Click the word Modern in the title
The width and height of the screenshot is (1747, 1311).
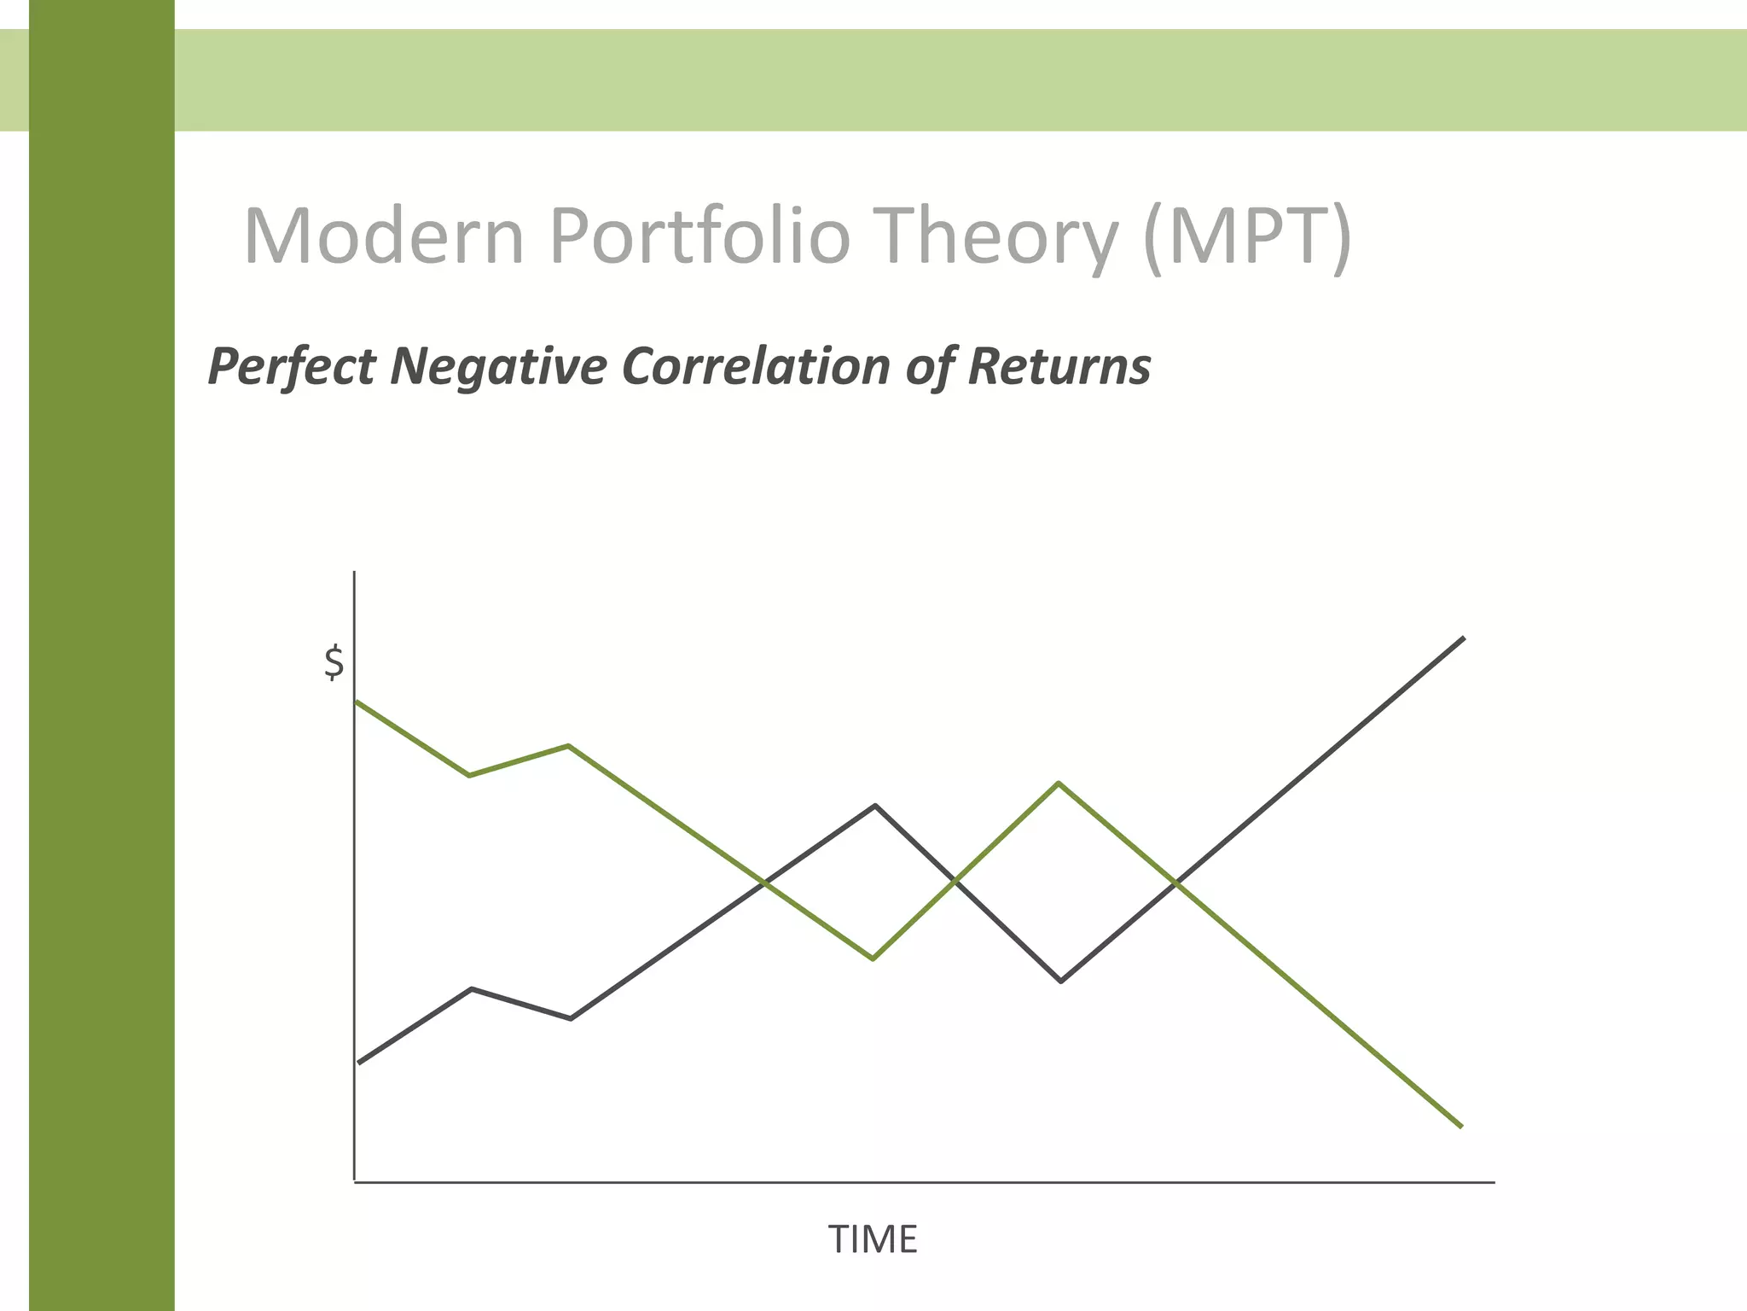(383, 236)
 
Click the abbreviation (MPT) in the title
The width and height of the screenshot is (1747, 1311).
(1247, 236)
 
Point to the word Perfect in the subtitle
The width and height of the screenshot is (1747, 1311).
(291, 367)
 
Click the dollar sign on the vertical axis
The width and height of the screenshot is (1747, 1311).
(334, 663)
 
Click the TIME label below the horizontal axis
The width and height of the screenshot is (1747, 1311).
(873, 1239)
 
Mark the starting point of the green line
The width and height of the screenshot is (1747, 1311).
(357, 702)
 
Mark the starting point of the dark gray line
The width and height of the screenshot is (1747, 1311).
(360, 1063)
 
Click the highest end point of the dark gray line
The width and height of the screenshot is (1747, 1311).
(1464, 638)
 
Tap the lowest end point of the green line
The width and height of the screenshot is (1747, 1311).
(1461, 1127)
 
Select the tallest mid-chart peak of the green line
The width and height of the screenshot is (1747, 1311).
(1058, 783)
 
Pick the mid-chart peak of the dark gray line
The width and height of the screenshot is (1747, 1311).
(875, 805)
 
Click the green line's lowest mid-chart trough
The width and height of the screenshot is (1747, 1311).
(873, 959)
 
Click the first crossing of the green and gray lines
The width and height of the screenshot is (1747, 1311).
(764, 883)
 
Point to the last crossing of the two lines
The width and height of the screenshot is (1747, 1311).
(1176, 883)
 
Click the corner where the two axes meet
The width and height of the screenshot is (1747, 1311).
(354, 1182)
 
